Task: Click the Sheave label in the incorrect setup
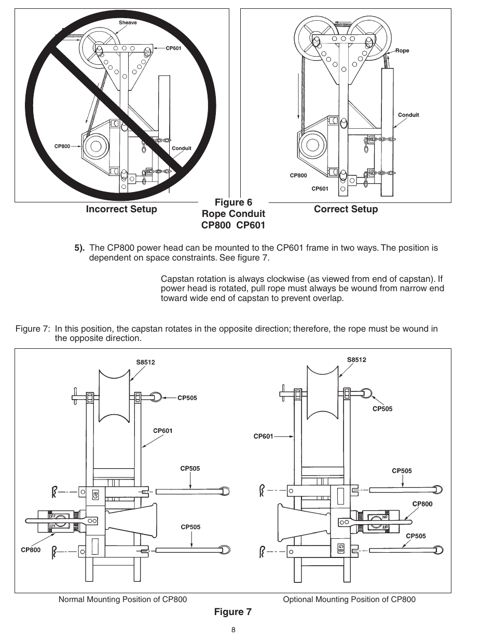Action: click(128, 23)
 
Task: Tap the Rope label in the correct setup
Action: click(402, 51)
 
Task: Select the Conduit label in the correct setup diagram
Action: click(408, 115)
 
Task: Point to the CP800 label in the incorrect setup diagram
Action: click(62, 146)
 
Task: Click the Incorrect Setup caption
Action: click(121, 209)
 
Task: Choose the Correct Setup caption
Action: click(346, 209)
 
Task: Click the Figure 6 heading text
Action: click(233, 202)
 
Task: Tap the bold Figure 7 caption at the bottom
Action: click(233, 612)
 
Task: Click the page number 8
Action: click(233, 630)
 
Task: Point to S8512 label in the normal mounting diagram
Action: click(145, 362)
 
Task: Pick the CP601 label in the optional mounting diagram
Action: click(263, 437)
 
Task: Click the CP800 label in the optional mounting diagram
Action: click(422, 503)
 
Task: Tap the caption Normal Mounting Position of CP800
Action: click(122, 599)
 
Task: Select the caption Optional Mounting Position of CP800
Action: click(349, 599)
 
